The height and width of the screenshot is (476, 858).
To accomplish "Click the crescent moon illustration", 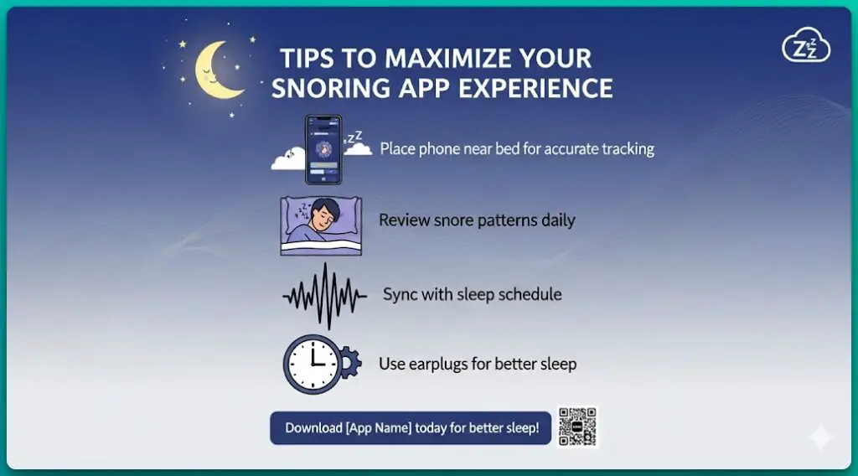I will tap(214, 70).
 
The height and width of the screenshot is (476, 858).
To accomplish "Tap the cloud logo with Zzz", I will tap(805, 48).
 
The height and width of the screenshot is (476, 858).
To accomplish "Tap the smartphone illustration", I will tap(323, 150).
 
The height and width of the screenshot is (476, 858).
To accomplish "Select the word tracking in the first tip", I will tap(625, 149).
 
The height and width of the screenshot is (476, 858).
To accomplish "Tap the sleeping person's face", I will tap(322, 220).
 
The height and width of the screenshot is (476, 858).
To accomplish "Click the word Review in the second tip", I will tap(404, 220).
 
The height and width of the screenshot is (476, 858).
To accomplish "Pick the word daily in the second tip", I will tap(556, 220).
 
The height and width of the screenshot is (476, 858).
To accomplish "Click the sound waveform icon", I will tap(324, 296).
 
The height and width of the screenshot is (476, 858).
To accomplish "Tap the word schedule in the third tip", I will tap(532, 294).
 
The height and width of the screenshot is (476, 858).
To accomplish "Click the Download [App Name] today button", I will tap(411, 427).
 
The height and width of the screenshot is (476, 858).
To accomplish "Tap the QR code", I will tap(576, 427).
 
